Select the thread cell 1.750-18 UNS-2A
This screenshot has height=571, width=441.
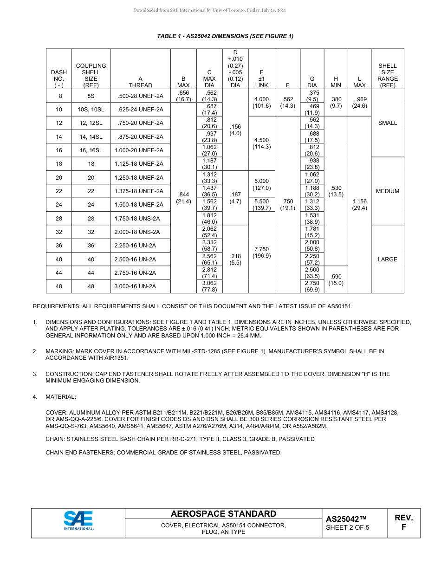pos(140,218)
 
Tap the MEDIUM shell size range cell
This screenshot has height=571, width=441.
pos(387,191)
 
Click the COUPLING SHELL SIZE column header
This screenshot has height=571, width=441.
pos(91,76)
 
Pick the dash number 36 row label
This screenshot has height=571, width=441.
pos(59,246)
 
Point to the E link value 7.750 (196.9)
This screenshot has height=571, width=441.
pos(261,253)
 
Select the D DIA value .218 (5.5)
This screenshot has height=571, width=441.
pos(235,259)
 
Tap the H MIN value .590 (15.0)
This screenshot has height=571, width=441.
pos(336,280)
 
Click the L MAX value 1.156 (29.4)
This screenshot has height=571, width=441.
pos(359,205)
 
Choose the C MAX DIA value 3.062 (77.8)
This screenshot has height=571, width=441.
pos(209,286)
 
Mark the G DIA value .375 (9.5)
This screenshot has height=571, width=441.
pos(312,96)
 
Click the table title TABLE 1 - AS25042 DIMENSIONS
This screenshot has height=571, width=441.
pos(225,36)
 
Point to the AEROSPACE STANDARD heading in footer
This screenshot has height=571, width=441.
pos(223,514)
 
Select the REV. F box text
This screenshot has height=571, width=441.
pos(403,522)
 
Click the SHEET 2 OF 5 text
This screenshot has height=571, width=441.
pos(348,527)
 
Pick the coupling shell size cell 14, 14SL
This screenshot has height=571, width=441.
pos(91,137)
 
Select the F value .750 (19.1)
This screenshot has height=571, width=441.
pos(287,205)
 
